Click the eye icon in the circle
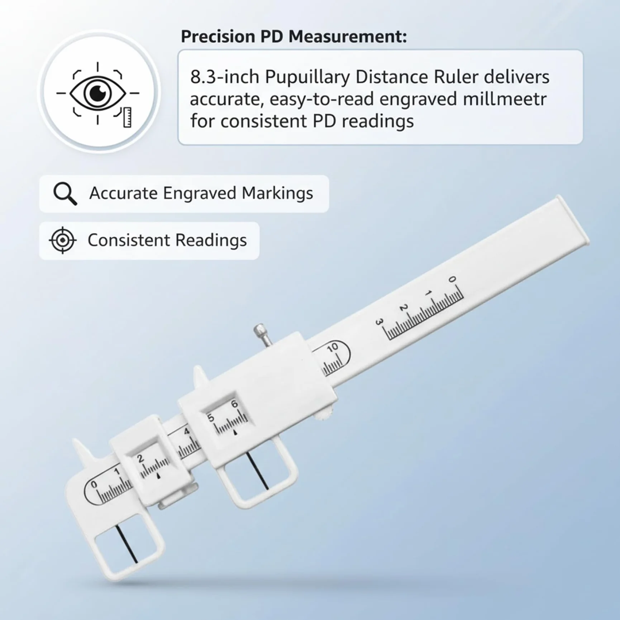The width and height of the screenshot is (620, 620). click(x=97, y=93)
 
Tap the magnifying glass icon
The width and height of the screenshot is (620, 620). click(x=65, y=194)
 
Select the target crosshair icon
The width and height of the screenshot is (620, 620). click(x=63, y=240)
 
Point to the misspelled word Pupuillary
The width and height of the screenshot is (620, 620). click(x=307, y=78)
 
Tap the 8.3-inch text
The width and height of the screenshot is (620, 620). click(x=224, y=77)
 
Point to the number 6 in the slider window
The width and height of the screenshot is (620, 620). click(x=234, y=404)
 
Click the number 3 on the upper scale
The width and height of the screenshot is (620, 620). click(x=379, y=322)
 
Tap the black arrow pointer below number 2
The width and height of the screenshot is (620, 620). click(x=158, y=476)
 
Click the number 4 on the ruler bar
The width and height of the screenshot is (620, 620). click(x=186, y=431)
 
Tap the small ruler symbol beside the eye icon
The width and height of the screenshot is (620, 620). click(x=127, y=117)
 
